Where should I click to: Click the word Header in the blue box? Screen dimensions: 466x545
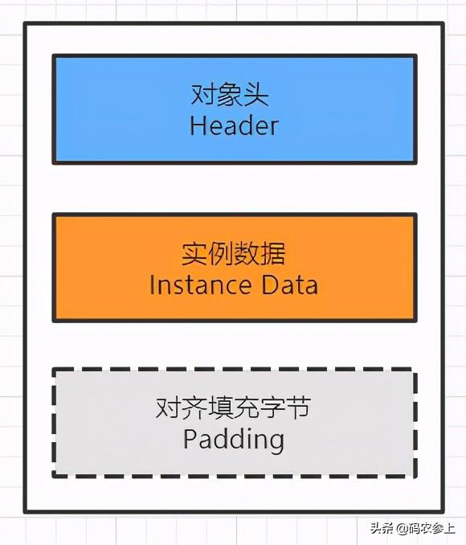(234, 126)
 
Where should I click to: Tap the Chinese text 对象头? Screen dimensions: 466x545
(230, 94)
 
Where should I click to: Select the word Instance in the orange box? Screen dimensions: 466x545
(201, 285)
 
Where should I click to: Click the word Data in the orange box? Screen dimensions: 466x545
(289, 285)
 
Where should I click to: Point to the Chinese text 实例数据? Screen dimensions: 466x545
(233, 253)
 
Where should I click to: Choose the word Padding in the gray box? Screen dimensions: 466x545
(234, 441)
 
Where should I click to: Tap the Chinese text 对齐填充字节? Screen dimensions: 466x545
(233, 408)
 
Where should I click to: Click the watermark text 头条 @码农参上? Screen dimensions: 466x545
(412, 528)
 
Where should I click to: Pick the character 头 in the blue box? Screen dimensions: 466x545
(256, 94)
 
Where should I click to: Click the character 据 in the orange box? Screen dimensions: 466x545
(272, 253)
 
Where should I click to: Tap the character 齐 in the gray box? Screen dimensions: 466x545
(194, 408)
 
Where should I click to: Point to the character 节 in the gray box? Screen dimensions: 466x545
(298, 408)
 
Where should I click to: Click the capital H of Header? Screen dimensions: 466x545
(197, 126)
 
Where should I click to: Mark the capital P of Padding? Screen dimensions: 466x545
(190, 439)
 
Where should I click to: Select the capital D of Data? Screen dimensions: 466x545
(269, 285)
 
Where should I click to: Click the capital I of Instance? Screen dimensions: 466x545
(152, 285)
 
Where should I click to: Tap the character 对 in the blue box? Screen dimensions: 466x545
(203, 94)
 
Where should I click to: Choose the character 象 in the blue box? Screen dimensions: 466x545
(230, 94)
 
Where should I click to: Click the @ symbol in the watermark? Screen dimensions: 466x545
(402, 529)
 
